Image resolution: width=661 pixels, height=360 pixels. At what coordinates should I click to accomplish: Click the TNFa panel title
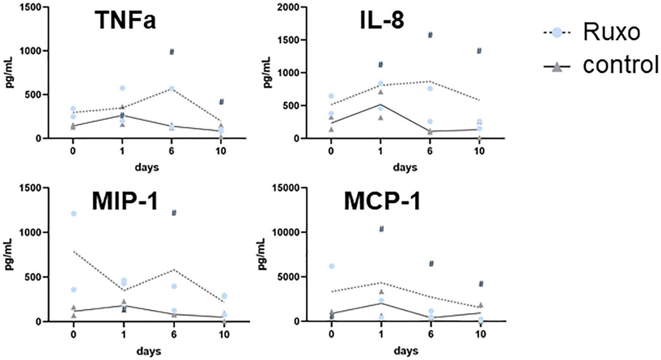click(x=125, y=21)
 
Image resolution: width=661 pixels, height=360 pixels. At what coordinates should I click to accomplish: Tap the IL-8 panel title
click(x=382, y=21)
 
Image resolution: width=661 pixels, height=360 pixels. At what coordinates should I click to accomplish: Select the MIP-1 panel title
click(x=125, y=202)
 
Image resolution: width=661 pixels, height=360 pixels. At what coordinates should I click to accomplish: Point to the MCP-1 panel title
click(x=382, y=202)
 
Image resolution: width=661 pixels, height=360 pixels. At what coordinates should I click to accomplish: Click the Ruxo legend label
click(x=611, y=32)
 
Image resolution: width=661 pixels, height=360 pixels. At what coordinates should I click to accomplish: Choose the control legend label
click(x=620, y=65)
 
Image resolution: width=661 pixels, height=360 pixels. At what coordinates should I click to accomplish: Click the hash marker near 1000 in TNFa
click(x=172, y=52)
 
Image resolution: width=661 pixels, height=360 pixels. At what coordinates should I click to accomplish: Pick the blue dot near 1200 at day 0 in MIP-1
click(x=74, y=214)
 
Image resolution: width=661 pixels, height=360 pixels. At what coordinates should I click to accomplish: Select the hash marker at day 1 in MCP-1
click(x=382, y=229)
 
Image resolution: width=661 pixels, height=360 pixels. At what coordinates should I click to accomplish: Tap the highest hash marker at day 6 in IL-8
click(x=430, y=35)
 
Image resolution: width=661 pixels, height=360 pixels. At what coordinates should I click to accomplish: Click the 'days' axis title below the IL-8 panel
click(x=405, y=168)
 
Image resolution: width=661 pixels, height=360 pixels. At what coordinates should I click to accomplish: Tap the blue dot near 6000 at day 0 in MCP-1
click(x=331, y=266)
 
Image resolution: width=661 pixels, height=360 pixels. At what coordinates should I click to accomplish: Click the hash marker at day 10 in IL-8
click(x=479, y=51)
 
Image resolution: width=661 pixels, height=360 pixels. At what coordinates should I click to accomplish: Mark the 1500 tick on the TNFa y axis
click(x=32, y=7)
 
